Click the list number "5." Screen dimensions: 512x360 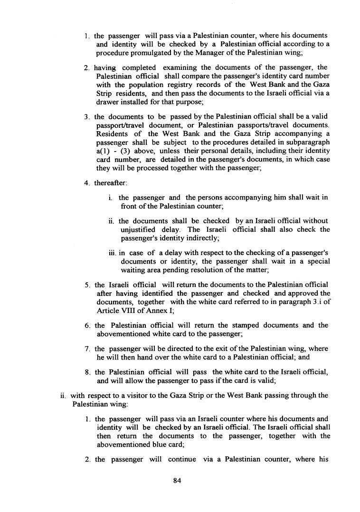(87, 285)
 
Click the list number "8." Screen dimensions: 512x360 (87, 372)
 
